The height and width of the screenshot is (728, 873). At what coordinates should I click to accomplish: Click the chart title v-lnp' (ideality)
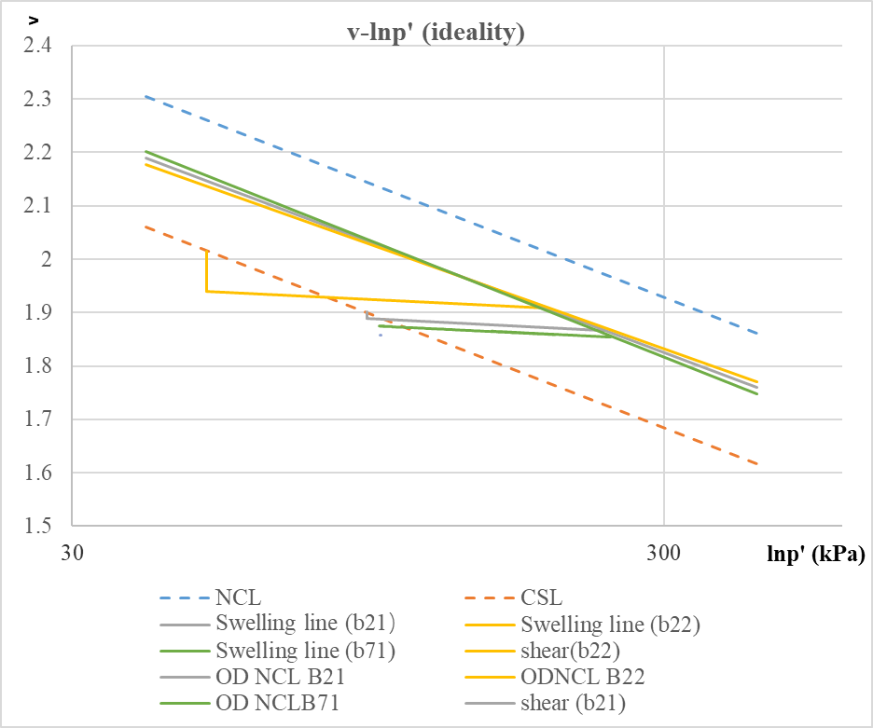[x=436, y=35]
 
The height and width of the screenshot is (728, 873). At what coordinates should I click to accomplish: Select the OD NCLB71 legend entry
[x=276, y=702]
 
